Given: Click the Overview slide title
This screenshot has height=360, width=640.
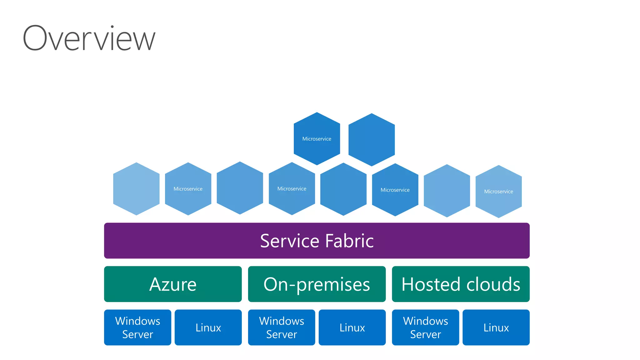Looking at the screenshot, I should [x=89, y=38].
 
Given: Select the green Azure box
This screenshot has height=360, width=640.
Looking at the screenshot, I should [x=173, y=284].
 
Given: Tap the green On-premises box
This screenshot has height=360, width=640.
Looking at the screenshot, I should [x=317, y=284].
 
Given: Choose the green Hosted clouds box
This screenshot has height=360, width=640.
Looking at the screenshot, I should [x=461, y=284].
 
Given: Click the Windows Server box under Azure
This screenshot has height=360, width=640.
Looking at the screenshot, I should [x=137, y=327].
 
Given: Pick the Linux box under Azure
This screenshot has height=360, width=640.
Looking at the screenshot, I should [x=208, y=327].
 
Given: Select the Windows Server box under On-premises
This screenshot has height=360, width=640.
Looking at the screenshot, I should [x=282, y=327].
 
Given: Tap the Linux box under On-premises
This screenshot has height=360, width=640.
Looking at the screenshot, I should [x=352, y=327].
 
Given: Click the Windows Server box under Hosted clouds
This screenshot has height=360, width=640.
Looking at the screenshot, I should [x=425, y=327].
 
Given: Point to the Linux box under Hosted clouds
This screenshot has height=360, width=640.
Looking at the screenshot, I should [x=496, y=327].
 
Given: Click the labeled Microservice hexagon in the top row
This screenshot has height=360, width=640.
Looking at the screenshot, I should [x=317, y=138].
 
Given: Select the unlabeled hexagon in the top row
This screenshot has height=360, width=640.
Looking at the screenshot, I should [x=372, y=140].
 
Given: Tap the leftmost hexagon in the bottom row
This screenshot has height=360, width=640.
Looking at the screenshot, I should [x=136, y=189].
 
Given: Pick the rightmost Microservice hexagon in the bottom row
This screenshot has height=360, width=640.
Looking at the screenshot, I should [x=498, y=191].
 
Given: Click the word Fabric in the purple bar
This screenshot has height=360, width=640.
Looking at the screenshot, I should [x=349, y=241].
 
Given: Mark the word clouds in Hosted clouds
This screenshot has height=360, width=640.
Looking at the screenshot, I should [x=493, y=284].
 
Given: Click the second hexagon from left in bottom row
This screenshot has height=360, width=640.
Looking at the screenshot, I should [x=188, y=189].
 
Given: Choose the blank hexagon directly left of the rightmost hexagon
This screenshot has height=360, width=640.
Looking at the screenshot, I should [x=447, y=191].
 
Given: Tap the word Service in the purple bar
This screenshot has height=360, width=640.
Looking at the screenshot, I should [x=290, y=241].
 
